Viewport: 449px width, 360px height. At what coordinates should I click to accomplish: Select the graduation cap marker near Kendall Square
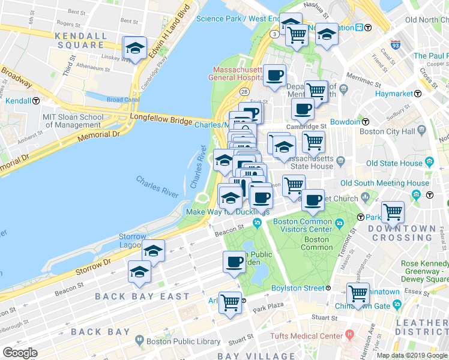point(135,49)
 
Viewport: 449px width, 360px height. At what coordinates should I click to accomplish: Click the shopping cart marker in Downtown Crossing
point(393,212)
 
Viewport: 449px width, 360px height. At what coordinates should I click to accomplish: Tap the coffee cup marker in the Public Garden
point(234,262)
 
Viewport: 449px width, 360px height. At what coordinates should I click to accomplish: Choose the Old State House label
point(394,163)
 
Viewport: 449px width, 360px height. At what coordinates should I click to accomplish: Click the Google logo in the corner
point(19,353)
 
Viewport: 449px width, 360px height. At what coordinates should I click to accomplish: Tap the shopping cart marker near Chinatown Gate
point(358,294)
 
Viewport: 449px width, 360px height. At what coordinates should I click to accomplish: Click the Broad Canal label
point(123,100)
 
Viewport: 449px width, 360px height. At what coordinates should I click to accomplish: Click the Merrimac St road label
point(373,79)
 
